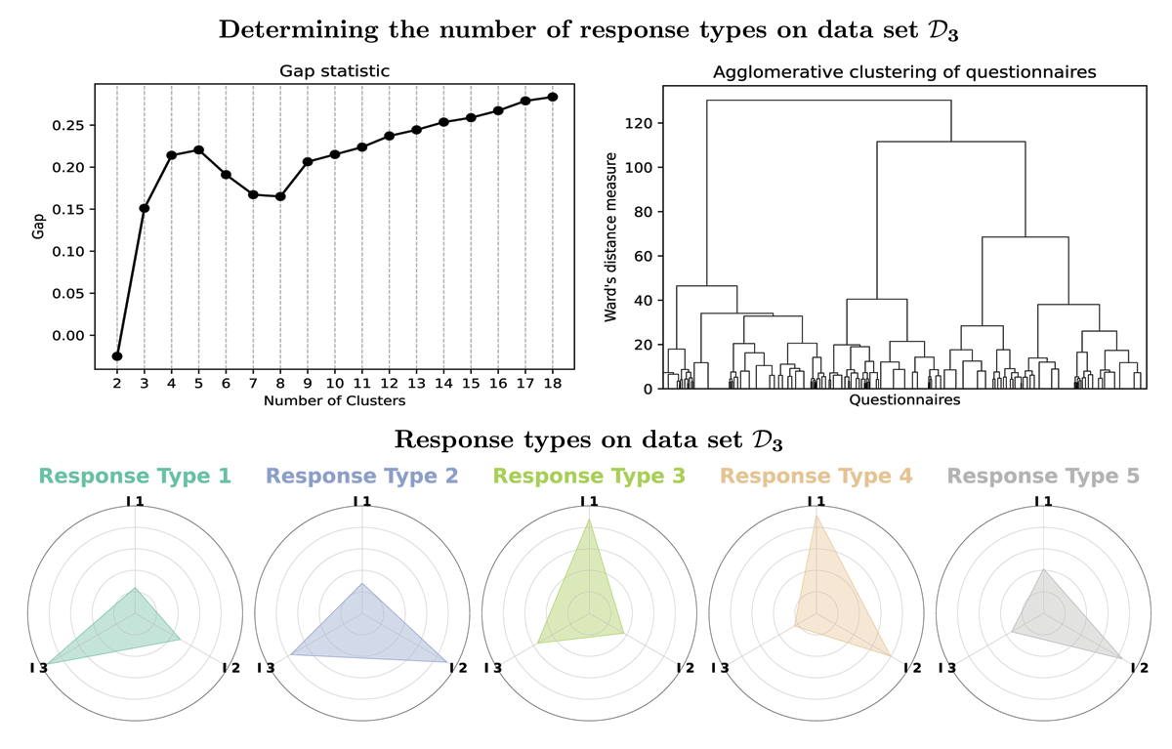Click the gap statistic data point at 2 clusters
point(117,356)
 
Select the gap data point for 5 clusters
point(199,150)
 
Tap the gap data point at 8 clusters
point(280,196)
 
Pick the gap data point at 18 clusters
point(553,97)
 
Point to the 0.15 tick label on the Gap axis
point(68,209)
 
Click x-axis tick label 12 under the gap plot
point(390,384)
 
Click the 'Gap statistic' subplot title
point(334,71)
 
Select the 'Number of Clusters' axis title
point(334,401)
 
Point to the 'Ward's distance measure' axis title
point(610,237)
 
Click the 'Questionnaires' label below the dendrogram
point(904,400)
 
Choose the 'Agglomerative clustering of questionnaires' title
point(904,72)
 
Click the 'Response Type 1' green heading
point(135,476)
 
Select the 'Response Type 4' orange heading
point(816,476)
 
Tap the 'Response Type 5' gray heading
point(1043,476)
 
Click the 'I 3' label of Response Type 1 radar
point(39,668)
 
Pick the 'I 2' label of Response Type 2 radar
point(458,668)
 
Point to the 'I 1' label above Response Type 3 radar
point(589,502)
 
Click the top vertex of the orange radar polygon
point(816,516)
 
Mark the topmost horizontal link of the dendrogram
point(829,101)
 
